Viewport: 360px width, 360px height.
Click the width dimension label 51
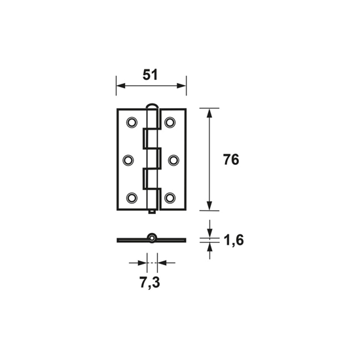[x=151, y=75]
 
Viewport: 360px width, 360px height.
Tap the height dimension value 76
[x=230, y=160]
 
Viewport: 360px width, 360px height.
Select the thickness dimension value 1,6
[x=233, y=241]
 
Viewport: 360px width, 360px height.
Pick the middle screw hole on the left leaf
[x=129, y=160]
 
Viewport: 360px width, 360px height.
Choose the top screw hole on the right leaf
[x=171, y=122]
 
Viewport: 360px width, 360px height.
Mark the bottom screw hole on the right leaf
[x=171, y=197]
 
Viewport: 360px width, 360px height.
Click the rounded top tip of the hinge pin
[x=151, y=105]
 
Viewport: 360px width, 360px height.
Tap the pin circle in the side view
[x=151, y=238]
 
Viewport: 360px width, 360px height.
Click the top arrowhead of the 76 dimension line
[x=209, y=113]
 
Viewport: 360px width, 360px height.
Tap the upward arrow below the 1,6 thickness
[x=209, y=248]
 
